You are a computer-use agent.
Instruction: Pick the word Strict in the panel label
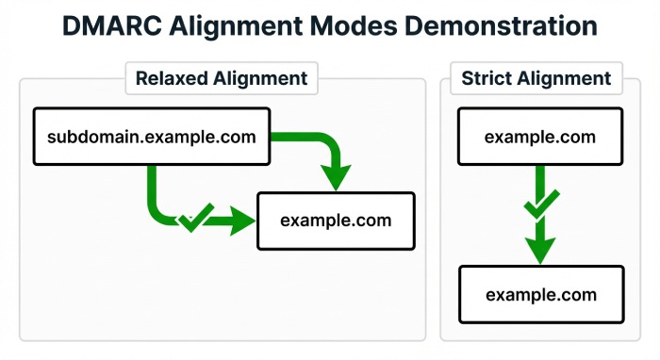pyautogui.click(x=485, y=78)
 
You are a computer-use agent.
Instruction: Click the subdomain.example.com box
pyautogui.click(x=151, y=138)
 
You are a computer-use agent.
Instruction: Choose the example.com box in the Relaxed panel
pyautogui.click(x=336, y=221)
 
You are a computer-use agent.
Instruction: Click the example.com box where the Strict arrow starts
pyautogui.click(x=540, y=138)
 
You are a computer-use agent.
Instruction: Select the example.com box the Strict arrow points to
pyautogui.click(x=540, y=295)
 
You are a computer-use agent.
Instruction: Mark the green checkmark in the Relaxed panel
pyautogui.click(x=193, y=218)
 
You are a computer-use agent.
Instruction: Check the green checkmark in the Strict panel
pyautogui.click(x=538, y=204)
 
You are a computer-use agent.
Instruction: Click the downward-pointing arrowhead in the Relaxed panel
pyautogui.click(x=335, y=174)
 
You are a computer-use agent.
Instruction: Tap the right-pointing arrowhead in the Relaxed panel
pyautogui.click(x=243, y=222)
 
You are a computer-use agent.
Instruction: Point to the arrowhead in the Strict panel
pyautogui.click(x=539, y=249)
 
